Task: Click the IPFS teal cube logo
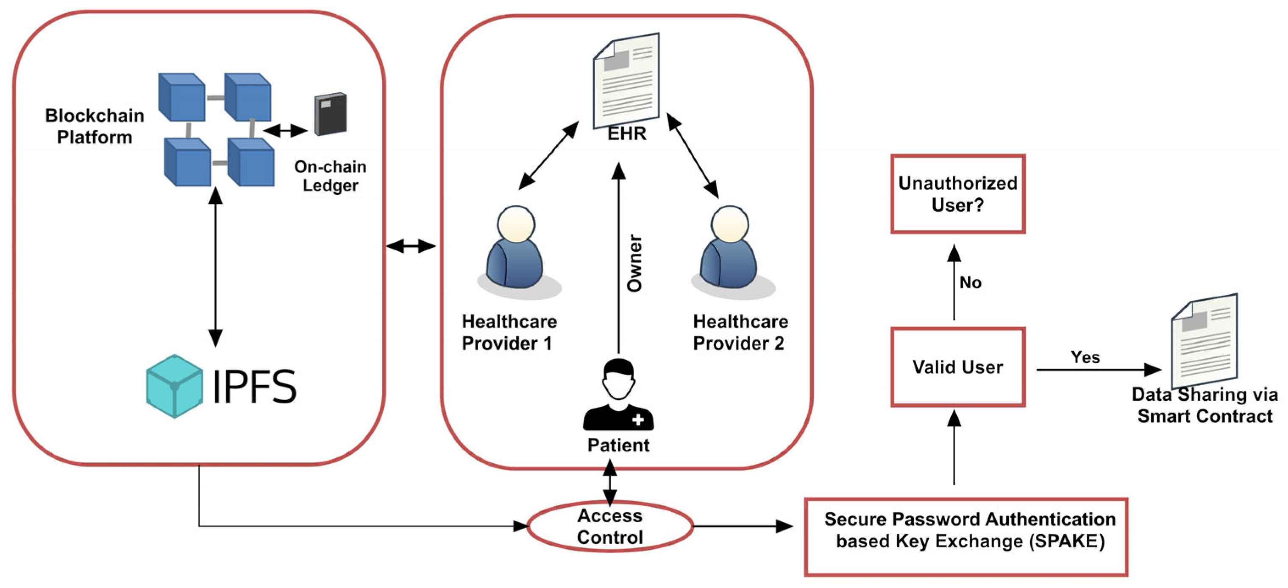(175, 386)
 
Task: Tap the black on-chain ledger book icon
(331, 114)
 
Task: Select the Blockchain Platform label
(95, 126)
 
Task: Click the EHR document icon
(626, 81)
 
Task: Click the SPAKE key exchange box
(966, 537)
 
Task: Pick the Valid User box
(958, 367)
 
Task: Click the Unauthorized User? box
(958, 193)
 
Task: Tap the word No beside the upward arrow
(971, 283)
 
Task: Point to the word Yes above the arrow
(1085, 357)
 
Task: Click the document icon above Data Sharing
(1205, 341)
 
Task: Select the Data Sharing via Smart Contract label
(1205, 405)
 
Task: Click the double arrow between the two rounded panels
(411, 246)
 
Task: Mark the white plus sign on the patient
(638, 419)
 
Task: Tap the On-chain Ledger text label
(330, 176)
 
